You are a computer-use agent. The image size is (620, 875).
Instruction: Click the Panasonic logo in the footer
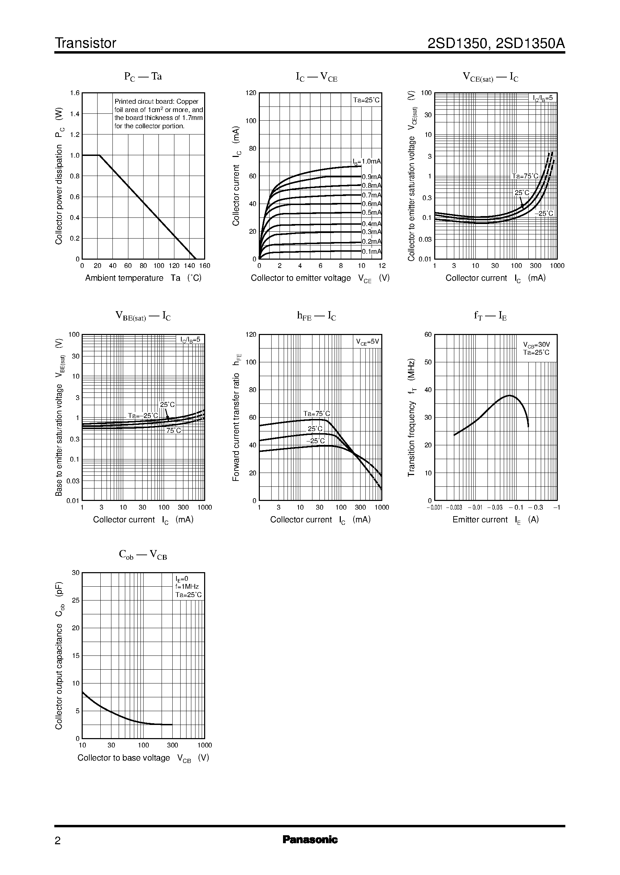pos(310,839)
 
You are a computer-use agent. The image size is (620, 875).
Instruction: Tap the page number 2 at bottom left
pos(58,841)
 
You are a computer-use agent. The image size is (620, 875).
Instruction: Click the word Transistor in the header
pos(85,43)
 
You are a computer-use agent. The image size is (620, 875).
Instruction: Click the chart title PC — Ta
pos(143,76)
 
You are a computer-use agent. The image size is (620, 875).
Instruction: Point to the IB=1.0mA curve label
pos(366,161)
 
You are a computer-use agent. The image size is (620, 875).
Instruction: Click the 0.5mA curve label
pos(372,213)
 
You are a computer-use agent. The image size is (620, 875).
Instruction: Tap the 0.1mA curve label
pos(372,251)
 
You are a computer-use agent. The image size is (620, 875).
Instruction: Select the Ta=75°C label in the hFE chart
pos(317,413)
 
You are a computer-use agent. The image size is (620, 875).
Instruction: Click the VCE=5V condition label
pos(367,342)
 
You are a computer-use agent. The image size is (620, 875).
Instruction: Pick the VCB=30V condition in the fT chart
pos(536,344)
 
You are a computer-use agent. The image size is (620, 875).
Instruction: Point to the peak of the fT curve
pos(509,395)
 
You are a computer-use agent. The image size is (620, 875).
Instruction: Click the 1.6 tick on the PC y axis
pos(75,93)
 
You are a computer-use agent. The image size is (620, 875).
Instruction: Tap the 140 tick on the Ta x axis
pos(189,266)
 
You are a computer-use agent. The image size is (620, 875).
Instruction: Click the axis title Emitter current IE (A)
pos(495,520)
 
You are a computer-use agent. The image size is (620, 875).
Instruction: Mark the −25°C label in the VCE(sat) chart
pos(544,213)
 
